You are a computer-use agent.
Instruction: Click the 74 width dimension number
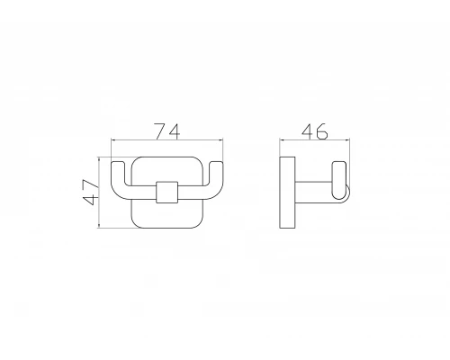[x=167, y=131]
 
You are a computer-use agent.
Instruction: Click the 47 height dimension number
[x=90, y=193]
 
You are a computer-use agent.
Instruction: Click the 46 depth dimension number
[x=315, y=131]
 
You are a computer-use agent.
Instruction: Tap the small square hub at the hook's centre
[x=167, y=193]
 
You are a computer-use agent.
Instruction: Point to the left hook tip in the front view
[x=118, y=163]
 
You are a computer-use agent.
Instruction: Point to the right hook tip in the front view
[x=216, y=163]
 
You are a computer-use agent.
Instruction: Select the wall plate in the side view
[x=287, y=193]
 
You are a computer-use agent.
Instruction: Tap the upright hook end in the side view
[x=339, y=180]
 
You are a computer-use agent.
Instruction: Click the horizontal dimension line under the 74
[x=167, y=139]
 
